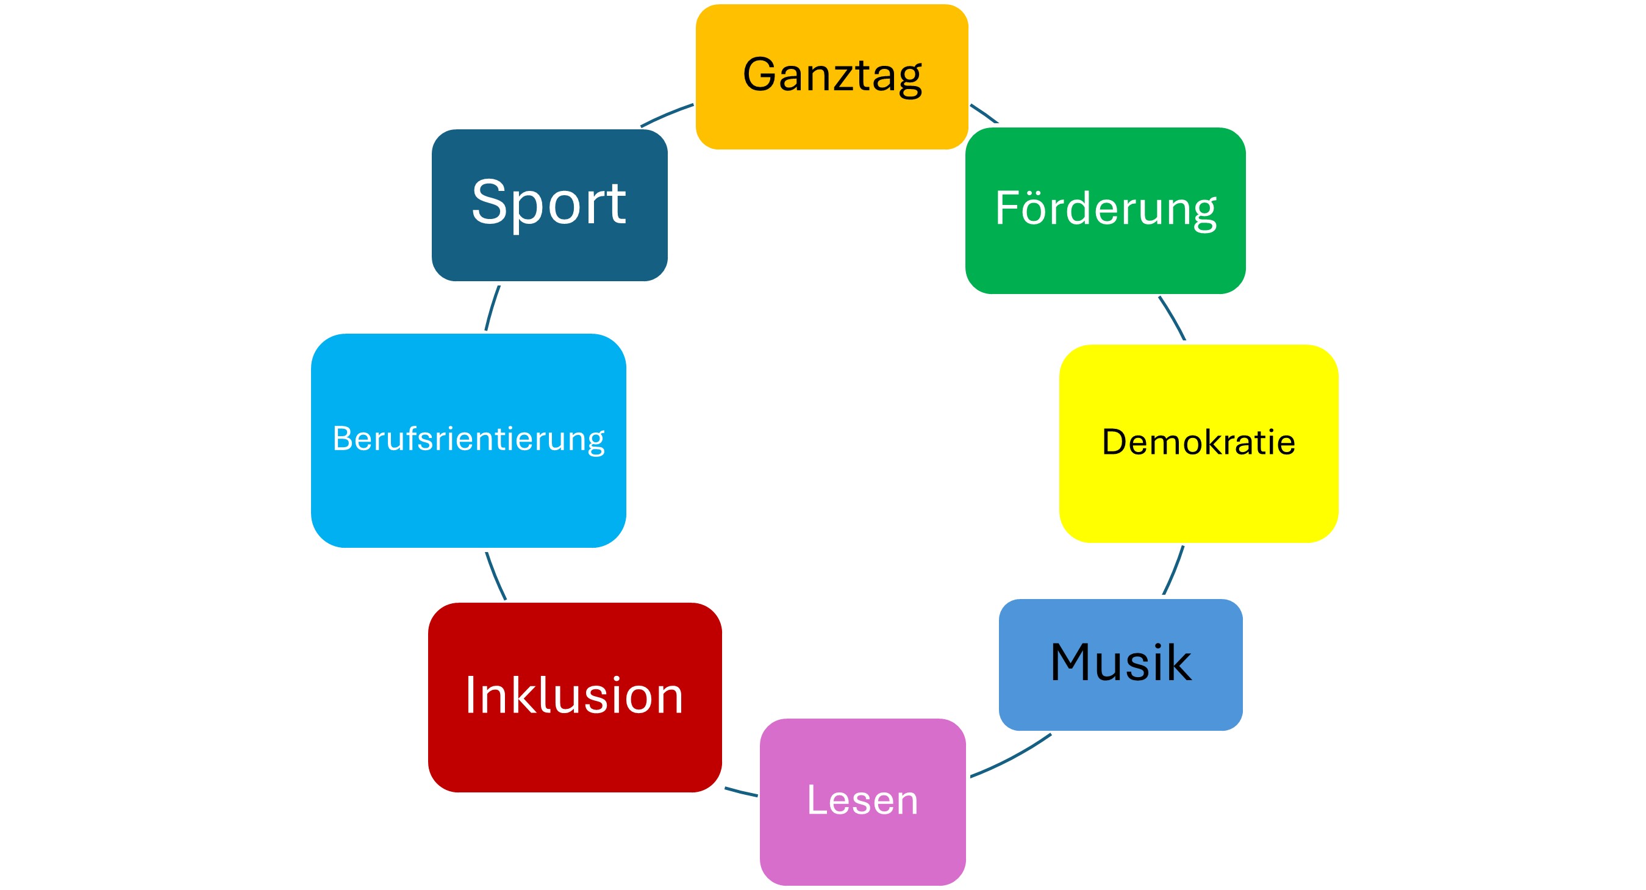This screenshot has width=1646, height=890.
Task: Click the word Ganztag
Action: [832, 76]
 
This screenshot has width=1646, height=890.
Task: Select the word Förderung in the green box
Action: [1106, 209]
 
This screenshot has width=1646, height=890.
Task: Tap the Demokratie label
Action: [1198, 442]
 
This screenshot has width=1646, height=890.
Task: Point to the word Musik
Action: [1121, 662]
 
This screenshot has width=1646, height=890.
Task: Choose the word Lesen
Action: [862, 800]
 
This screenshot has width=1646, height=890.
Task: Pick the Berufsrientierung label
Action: [468, 439]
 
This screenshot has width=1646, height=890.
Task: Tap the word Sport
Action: [549, 203]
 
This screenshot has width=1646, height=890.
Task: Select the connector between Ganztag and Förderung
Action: [984, 113]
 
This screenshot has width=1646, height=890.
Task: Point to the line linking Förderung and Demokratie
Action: [1173, 318]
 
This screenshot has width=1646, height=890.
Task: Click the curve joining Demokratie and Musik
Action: [1175, 570]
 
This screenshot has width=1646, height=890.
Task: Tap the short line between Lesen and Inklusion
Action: [741, 792]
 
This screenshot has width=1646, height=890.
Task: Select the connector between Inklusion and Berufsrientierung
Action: [495, 576]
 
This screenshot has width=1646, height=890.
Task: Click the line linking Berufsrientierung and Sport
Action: [492, 308]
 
